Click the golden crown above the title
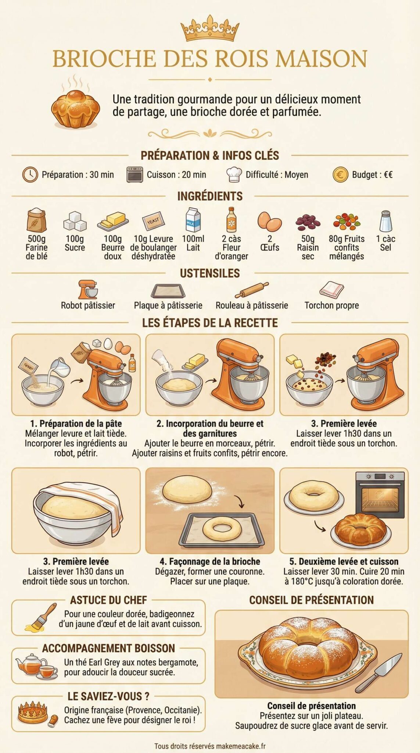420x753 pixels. pos(210,29)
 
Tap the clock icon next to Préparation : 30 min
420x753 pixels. pos(30,174)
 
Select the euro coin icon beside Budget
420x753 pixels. pos(340,175)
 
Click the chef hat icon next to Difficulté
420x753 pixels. pos(234,174)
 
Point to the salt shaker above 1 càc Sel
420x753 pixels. pos(386,221)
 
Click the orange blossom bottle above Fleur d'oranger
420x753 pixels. pos(231,220)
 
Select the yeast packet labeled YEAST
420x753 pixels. pos(153,221)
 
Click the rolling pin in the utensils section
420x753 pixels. pos(252,290)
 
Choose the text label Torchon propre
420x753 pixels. pos(331,305)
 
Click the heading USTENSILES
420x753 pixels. pos(210,273)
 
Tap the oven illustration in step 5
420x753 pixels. pos(380,492)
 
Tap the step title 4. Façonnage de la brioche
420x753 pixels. pos(210,561)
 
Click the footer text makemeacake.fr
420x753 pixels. pos(241,746)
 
